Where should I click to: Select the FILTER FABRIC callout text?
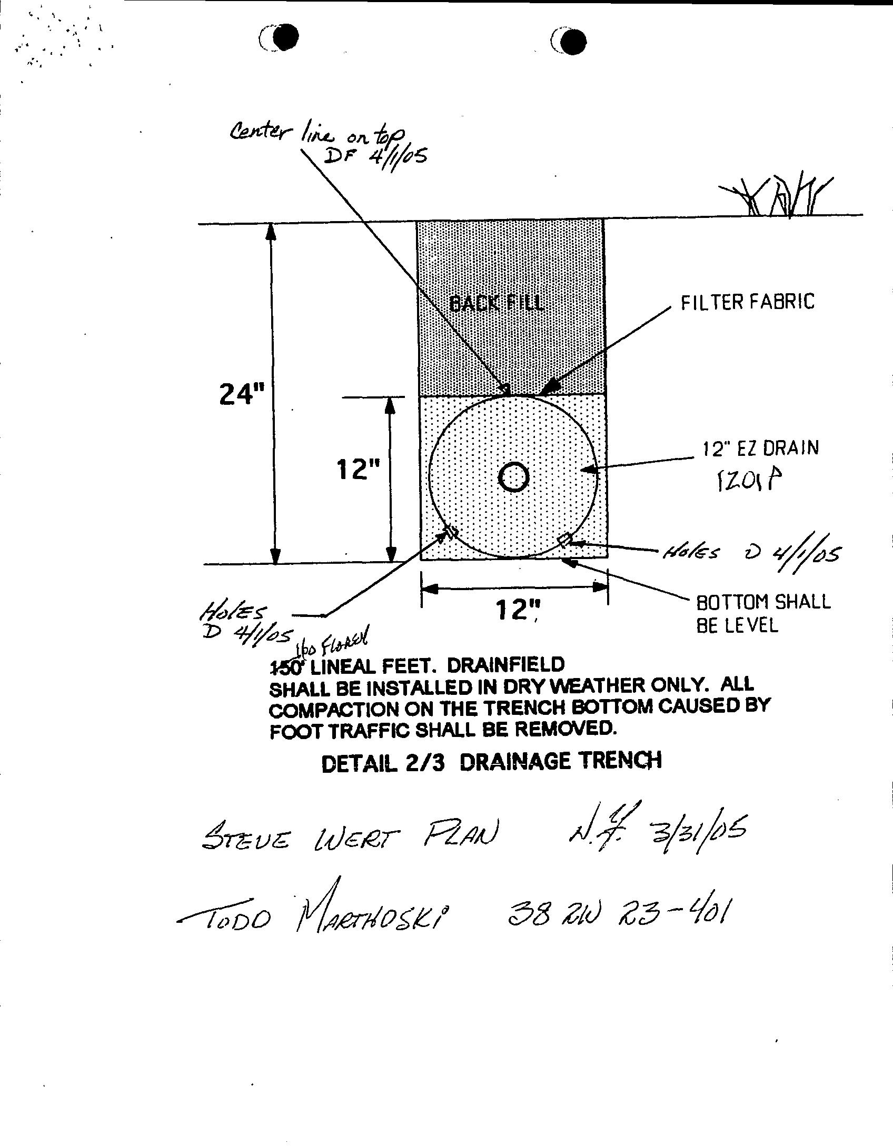(748, 302)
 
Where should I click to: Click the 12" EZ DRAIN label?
(761, 449)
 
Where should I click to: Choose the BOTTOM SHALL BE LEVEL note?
(762, 613)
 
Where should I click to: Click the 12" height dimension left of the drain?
(358, 470)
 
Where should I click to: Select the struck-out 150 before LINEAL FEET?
(287, 667)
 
